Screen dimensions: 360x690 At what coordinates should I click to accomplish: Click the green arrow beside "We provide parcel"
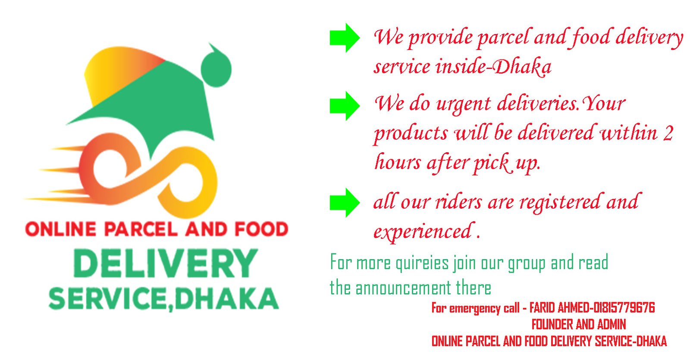pyautogui.click(x=344, y=38)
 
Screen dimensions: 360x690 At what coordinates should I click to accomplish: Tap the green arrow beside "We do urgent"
pyautogui.click(x=344, y=106)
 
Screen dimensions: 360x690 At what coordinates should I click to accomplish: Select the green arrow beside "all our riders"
pyautogui.click(x=344, y=202)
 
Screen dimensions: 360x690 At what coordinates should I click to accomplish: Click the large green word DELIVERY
pyautogui.click(x=166, y=263)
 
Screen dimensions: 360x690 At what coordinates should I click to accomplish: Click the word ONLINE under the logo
pyautogui.click(x=61, y=229)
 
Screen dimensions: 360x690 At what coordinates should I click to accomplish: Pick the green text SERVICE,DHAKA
pyautogui.click(x=163, y=299)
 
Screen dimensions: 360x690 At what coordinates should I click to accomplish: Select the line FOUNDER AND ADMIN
pyautogui.click(x=578, y=324)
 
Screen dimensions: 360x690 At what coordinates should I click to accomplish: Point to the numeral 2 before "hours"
pyautogui.click(x=668, y=134)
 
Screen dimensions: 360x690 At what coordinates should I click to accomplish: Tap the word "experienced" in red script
pyautogui.click(x=423, y=232)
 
